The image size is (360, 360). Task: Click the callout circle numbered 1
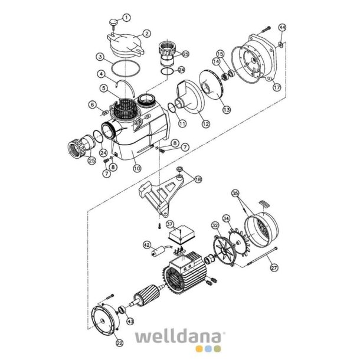point(126,18)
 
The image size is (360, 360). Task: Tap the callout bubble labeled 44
point(282,28)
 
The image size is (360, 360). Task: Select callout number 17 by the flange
point(277,87)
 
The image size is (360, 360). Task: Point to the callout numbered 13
point(227,110)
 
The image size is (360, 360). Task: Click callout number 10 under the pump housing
point(137,169)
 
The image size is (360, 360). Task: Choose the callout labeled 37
point(169,224)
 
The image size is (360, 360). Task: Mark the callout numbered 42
point(147,246)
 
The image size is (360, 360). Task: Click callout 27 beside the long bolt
point(274,267)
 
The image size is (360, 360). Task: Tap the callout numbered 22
point(119,343)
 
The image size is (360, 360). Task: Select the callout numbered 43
point(130,321)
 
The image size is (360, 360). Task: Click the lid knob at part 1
point(113,23)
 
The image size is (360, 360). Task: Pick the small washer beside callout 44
point(281,44)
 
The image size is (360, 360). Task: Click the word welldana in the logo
point(178,336)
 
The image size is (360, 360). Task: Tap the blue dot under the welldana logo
point(208,349)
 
